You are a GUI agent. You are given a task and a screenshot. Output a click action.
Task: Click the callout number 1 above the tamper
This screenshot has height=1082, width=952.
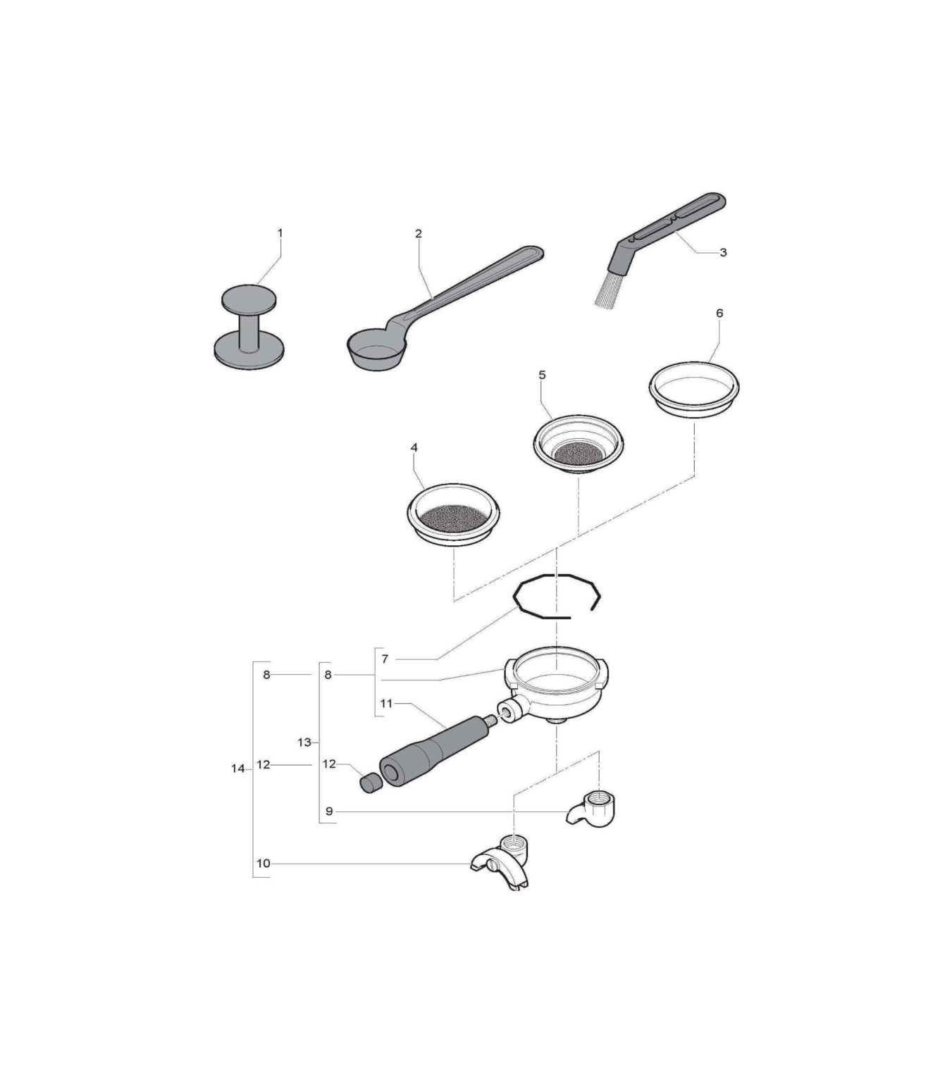point(280,232)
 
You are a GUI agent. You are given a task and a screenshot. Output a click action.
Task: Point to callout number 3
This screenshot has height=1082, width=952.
point(723,252)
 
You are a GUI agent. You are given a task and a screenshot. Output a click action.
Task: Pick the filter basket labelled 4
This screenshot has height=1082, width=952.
point(454,515)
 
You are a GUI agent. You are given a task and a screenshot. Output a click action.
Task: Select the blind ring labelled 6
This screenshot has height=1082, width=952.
point(694,392)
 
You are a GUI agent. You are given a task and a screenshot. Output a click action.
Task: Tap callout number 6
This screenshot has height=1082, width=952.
point(719,313)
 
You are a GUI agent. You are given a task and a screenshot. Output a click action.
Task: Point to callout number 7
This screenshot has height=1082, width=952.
point(385,659)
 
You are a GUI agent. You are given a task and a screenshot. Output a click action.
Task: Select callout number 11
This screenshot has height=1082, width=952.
point(386,703)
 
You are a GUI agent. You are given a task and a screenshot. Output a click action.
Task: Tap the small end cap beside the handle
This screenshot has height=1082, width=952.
point(369,783)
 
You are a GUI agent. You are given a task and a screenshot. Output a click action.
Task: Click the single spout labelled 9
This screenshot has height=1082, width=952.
point(593,811)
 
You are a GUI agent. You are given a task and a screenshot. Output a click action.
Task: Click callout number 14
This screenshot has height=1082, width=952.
point(237,769)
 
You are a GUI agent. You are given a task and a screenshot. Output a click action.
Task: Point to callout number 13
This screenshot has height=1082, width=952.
point(304,742)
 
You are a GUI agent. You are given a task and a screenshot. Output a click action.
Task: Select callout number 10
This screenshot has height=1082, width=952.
point(263,863)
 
